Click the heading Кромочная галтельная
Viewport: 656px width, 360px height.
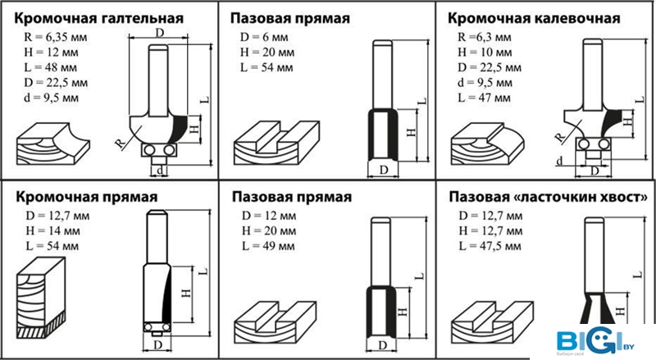click(99, 19)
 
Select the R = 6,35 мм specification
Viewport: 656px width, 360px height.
click(56, 37)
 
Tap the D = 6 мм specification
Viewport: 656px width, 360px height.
click(264, 37)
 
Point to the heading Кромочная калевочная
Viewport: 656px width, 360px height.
click(534, 19)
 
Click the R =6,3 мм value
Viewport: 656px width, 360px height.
click(485, 37)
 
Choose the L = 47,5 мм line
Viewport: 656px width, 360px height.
click(490, 246)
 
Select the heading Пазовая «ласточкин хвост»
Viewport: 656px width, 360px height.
click(548, 197)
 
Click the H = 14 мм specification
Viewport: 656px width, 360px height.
click(52, 230)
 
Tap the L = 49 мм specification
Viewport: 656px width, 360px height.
click(268, 246)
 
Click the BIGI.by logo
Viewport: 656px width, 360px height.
click(595, 339)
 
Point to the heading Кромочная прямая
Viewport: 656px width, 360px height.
click(87, 197)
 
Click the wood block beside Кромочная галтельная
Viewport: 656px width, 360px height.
click(53, 144)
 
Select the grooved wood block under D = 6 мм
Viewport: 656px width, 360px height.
click(276, 144)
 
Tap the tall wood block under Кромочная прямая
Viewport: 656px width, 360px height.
click(41, 298)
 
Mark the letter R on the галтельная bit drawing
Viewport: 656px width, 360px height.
click(120, 144)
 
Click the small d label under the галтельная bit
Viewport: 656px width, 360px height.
click(160, 170)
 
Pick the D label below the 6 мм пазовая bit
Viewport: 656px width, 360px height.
click(383, 170)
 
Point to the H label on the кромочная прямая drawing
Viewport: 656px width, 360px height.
click(186, 293)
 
